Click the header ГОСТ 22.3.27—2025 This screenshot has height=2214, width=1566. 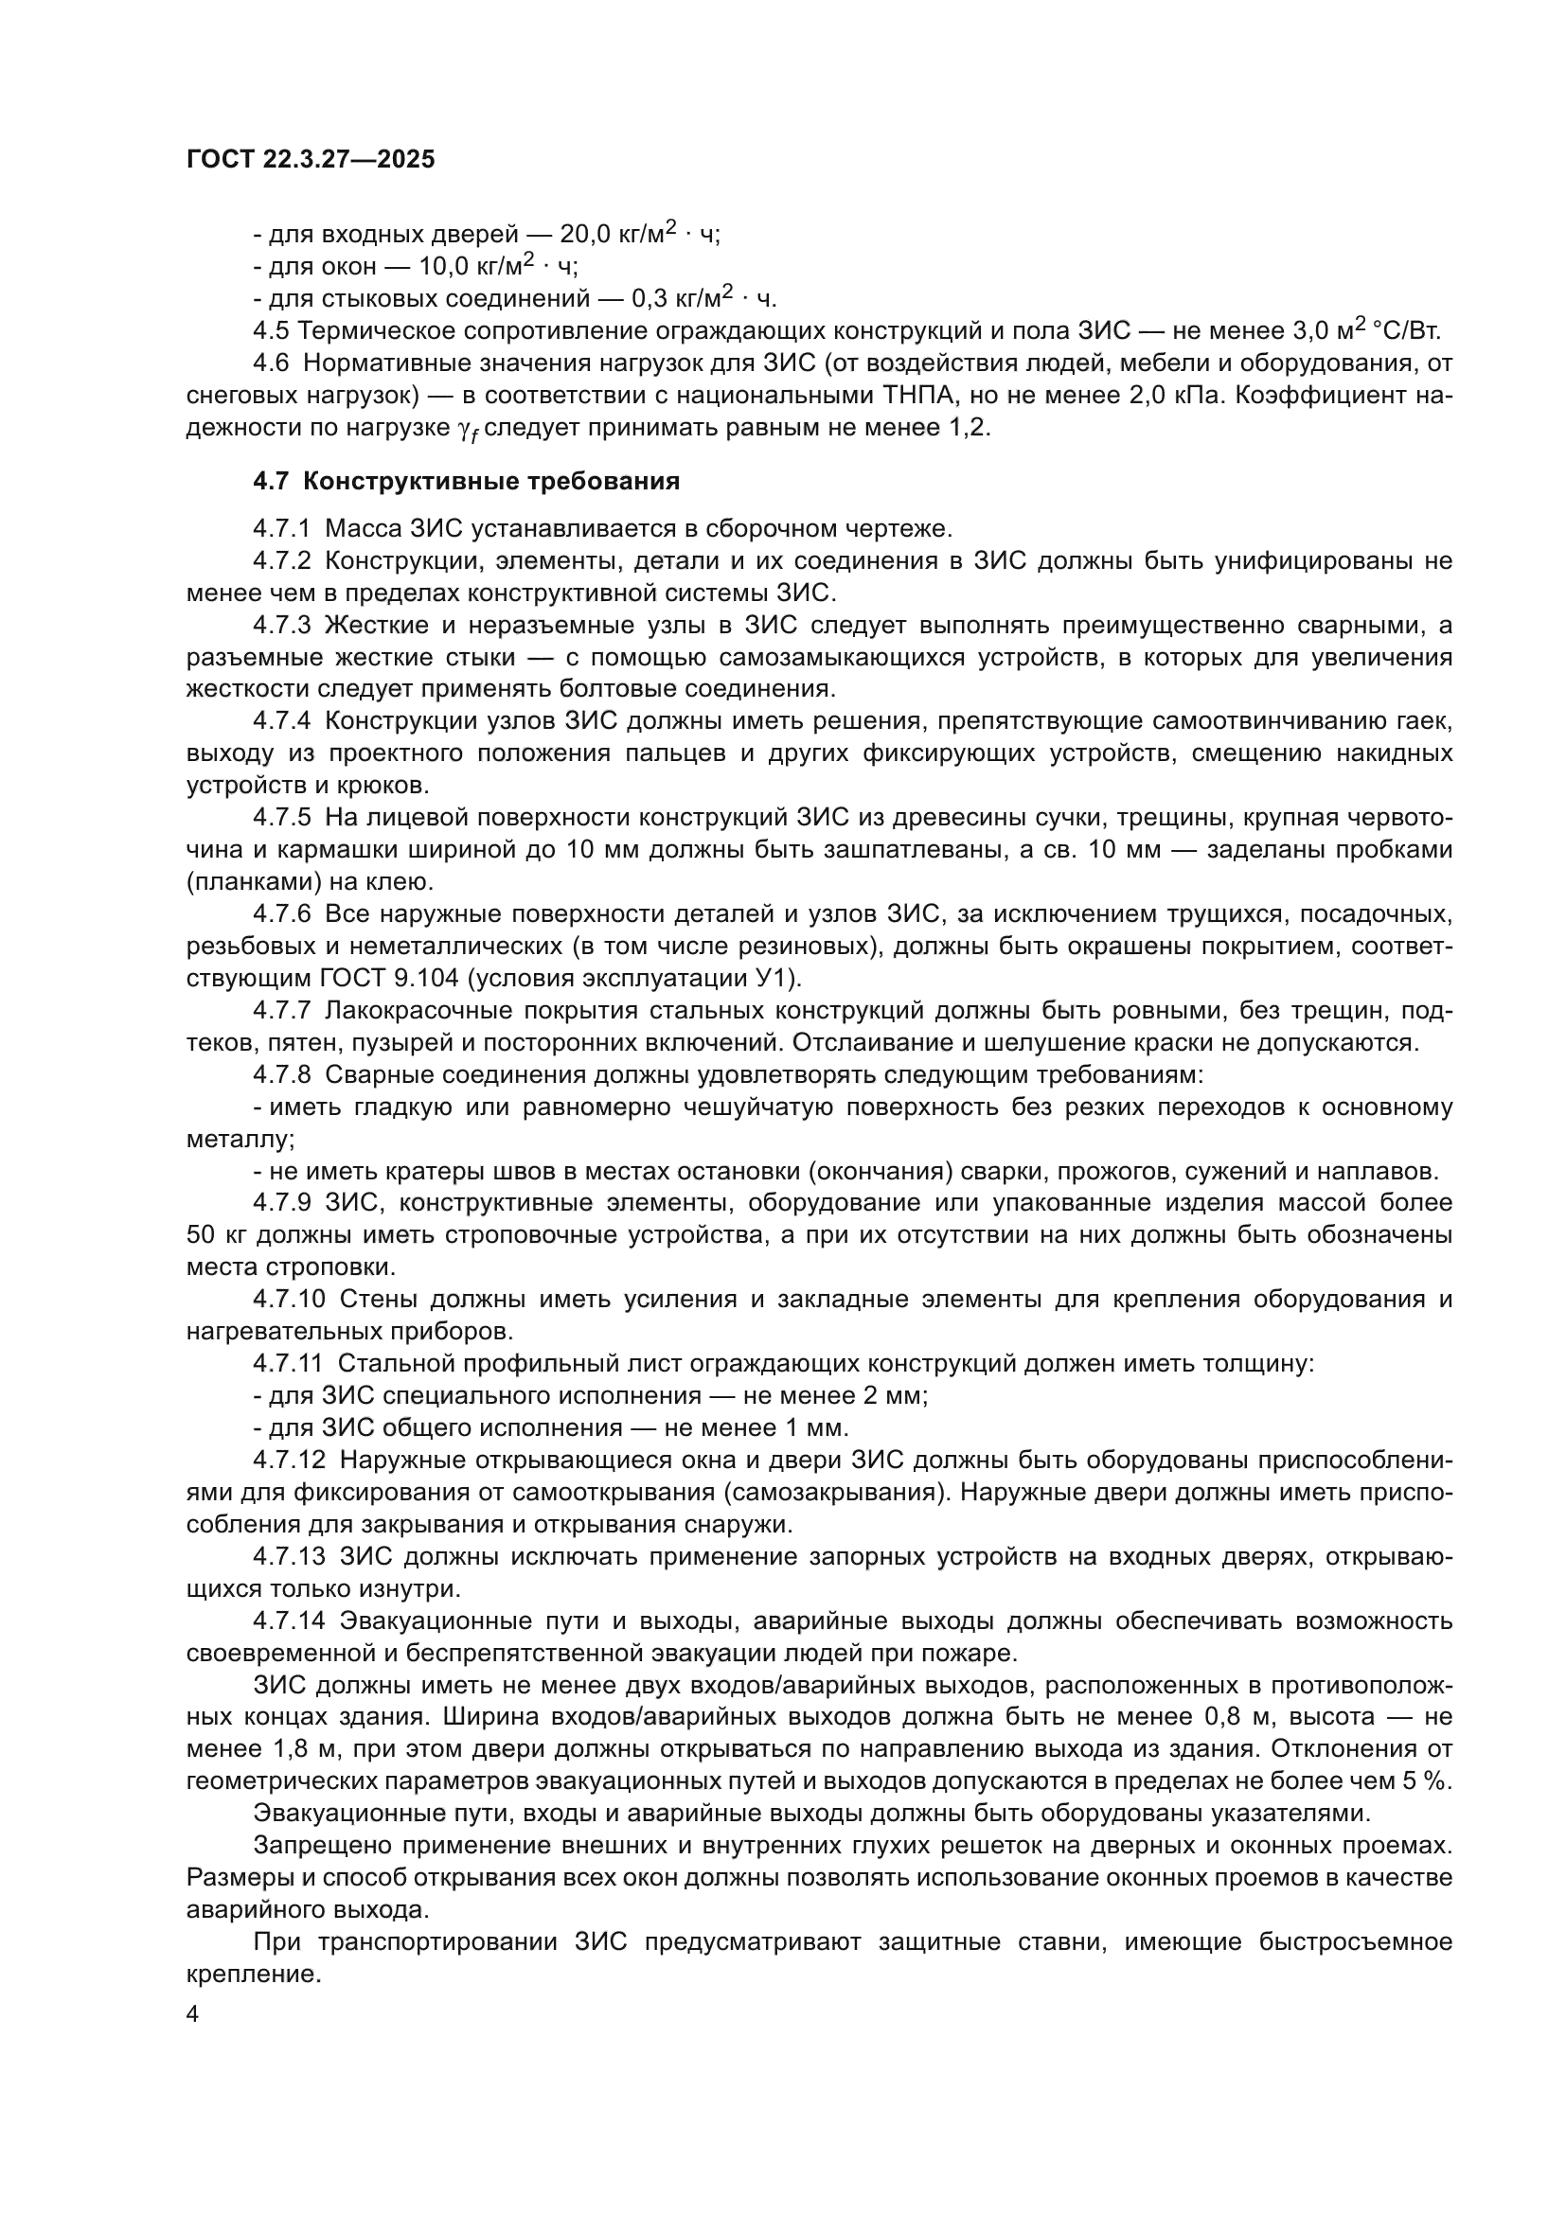click(311, 160)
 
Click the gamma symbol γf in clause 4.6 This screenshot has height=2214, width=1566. click(467, 430)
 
